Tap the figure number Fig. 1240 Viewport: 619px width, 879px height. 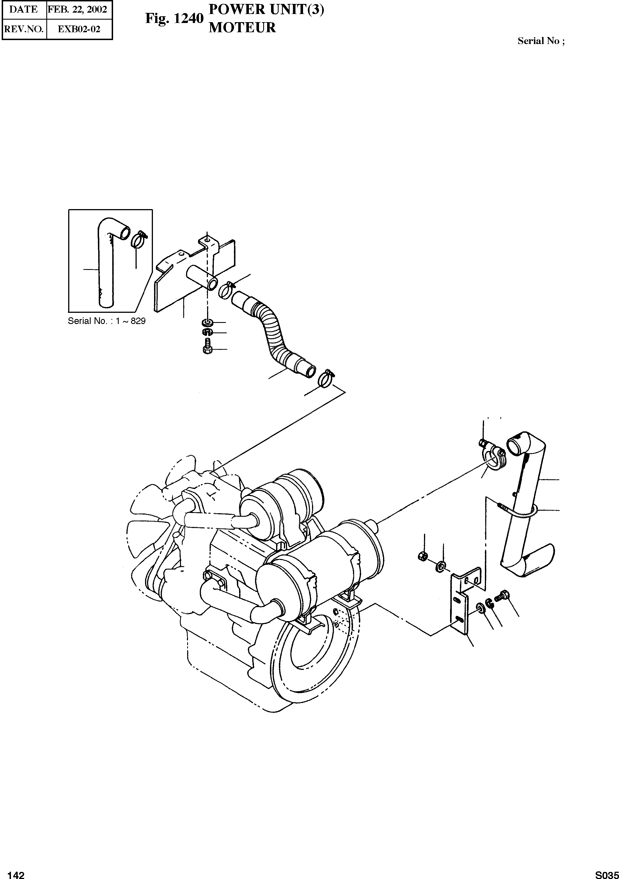(174, 18)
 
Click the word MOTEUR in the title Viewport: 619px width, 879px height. (242, 27)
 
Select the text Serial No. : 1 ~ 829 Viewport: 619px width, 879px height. (107, 321)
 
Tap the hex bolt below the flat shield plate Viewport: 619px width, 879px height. (207, 347)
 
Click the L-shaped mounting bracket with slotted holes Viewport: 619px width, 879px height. (462, 605)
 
